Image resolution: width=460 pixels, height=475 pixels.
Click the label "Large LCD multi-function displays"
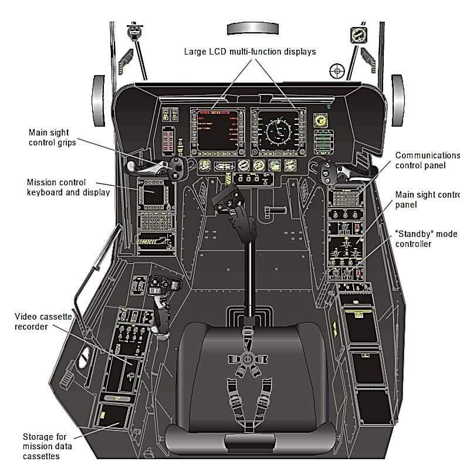click(250, 52)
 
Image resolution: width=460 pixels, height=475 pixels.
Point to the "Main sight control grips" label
click(53, 137)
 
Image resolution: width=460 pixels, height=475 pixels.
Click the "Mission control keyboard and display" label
click(68, 187)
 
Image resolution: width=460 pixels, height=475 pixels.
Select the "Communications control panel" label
click(427, 160)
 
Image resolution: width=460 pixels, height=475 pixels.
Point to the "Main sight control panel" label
click(427, 200)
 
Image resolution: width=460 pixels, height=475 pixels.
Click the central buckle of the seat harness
click(247, 358)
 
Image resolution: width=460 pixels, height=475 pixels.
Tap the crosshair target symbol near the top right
click(337, 71)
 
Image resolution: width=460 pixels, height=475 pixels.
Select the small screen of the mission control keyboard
click(155, 195)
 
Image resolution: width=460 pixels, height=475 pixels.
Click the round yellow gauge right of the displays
click(321, 121)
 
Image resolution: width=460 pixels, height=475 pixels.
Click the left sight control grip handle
click(154, 167)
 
